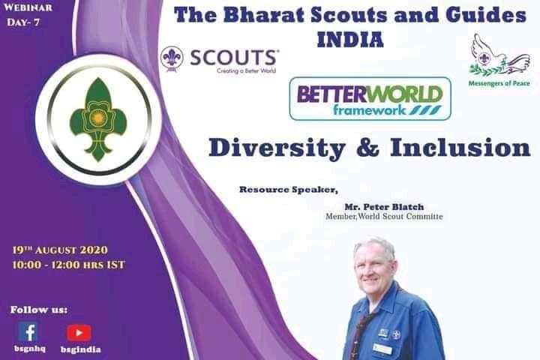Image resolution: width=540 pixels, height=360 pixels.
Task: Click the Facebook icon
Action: tap(28, 331)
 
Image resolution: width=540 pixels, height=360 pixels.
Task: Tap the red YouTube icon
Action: tap(79, 332)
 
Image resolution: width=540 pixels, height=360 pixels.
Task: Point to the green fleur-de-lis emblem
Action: tap(94, 119)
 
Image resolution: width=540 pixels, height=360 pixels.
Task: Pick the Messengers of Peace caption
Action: tap(499, 83)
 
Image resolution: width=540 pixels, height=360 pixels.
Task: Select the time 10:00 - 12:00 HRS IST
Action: tap(68, 265)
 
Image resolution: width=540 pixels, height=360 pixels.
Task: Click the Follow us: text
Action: tap(38, 309)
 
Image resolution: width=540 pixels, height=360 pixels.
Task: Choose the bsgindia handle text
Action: tap(80, 349)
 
